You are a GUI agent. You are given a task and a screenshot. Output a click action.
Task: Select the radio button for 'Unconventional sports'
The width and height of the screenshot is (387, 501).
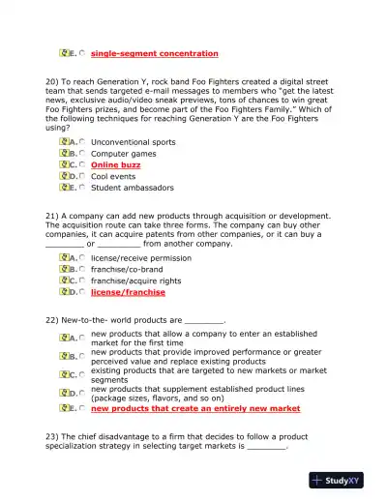pyautogui.click(x=82, y=142)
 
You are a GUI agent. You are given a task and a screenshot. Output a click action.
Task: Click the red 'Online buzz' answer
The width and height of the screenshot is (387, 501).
pyautogui.click(x=115, y=165)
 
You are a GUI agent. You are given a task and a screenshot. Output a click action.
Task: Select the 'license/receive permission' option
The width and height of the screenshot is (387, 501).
pyautogui.click(x=140, y=258)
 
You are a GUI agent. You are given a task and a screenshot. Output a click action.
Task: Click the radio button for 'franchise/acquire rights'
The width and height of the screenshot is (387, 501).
pyautogui.click(x=82, y=281)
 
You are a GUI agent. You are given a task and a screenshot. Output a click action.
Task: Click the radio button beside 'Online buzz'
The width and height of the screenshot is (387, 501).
pyautogui.click(x=82, y=165)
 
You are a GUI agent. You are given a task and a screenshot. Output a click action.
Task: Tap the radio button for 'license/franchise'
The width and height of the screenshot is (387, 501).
pyautogui.click(x=82, y=292)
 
